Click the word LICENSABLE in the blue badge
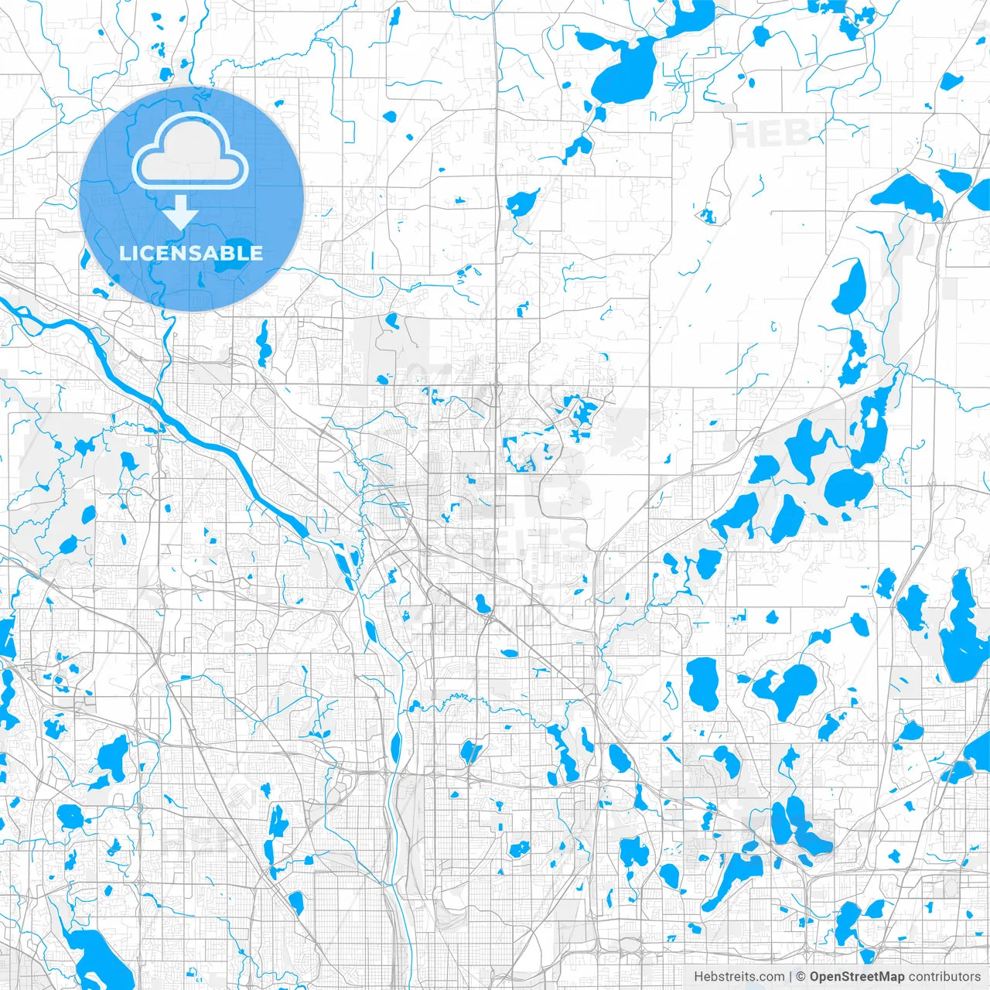[x=191, y=253]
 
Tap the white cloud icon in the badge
[x=190, y=153]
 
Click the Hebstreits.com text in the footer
[x=739, y=977]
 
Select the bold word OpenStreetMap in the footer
[x=857, y=977]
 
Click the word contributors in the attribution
[x=944, y=977]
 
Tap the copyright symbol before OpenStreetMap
[x=801, y=977]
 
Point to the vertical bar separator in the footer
[x=790, y=977]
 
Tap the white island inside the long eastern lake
[x=872, y=418]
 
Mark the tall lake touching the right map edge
[x=963, y=626]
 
